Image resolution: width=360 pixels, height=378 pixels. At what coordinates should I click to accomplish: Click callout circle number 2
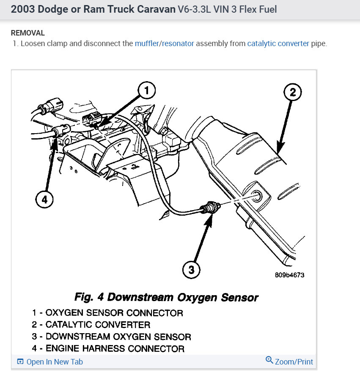293,92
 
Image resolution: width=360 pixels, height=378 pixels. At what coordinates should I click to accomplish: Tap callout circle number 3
192,269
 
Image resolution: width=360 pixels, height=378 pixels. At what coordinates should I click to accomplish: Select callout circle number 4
44,200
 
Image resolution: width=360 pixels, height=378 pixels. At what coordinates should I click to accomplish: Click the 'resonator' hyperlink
178,44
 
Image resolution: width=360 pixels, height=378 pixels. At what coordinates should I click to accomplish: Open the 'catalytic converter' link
278,44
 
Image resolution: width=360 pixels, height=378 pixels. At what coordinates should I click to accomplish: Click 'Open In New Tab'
50,362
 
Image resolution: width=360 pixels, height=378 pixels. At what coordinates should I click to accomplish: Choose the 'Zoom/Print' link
294,362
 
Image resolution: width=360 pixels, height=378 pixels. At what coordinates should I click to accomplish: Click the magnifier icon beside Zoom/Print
269,361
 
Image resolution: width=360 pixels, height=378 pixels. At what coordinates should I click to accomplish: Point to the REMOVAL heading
27,33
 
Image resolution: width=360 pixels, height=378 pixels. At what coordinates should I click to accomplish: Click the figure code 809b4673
289,275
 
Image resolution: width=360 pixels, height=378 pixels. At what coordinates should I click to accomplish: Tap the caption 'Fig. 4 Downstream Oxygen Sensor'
166,297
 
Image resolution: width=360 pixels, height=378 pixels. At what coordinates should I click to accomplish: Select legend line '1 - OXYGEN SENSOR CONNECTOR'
107,313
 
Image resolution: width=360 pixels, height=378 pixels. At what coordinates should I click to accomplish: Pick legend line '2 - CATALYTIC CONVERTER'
91,325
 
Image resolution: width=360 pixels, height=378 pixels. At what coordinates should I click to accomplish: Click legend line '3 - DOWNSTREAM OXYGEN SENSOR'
111,337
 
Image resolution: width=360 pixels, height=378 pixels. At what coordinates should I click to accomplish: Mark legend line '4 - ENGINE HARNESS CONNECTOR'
108,349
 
